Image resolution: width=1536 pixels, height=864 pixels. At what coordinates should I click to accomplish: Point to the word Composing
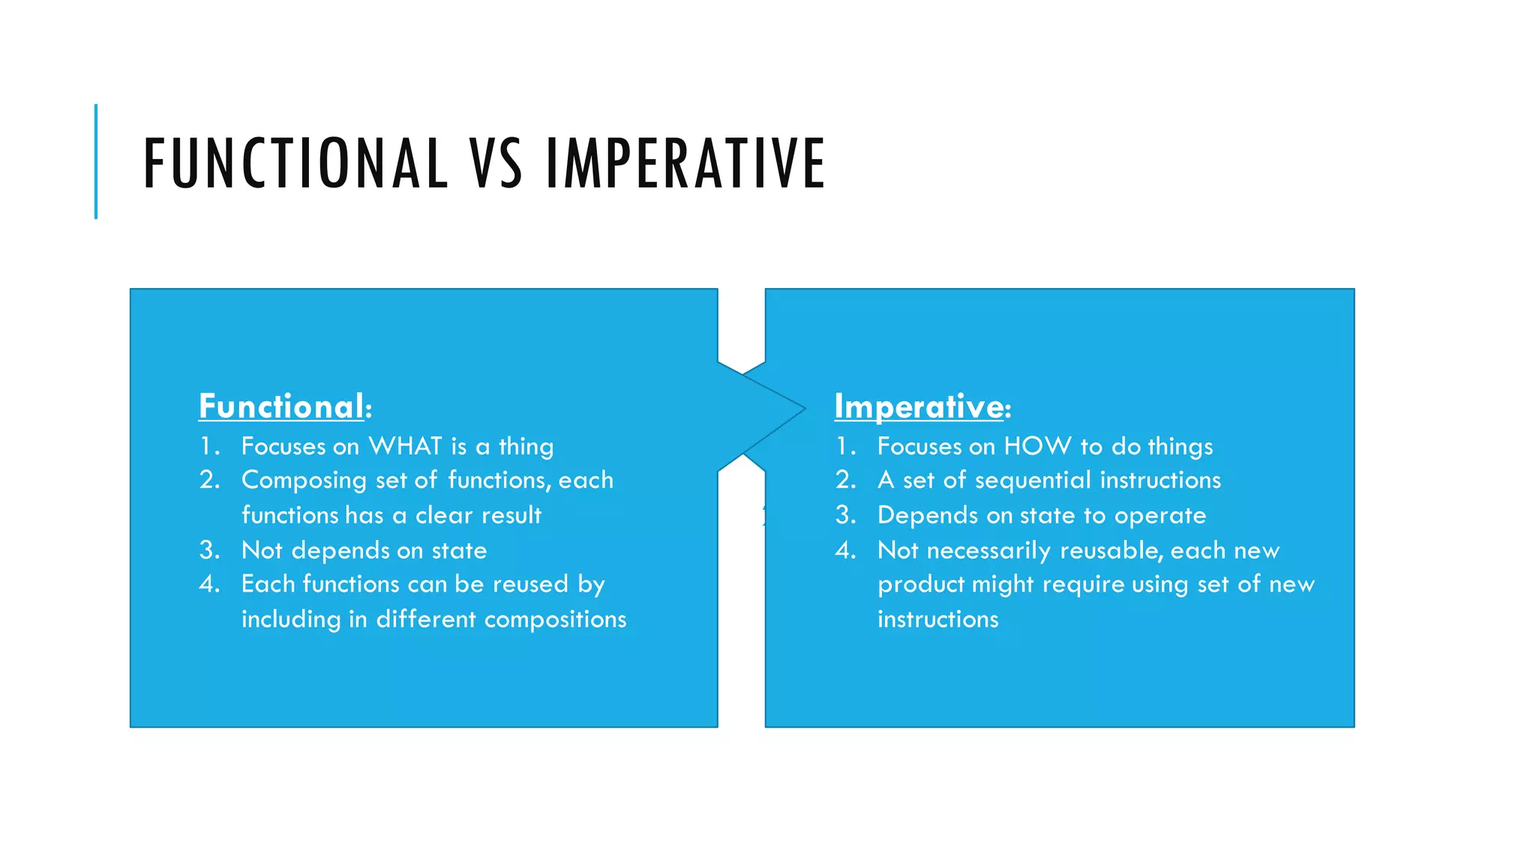(x=304, y=481)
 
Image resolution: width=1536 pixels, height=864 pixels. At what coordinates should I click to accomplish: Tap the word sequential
(x=1033, y=481)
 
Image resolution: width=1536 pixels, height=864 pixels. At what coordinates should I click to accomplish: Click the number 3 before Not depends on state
(x=208, y=550)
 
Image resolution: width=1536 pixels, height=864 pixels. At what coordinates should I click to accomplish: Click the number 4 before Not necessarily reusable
(x=844, y=550)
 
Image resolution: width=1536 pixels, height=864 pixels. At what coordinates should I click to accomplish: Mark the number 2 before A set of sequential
(x=844, y=480)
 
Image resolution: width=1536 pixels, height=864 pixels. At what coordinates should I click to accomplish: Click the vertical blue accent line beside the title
(x=96, y=161)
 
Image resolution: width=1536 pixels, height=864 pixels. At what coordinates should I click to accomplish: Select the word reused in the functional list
(x=530, y=584)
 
